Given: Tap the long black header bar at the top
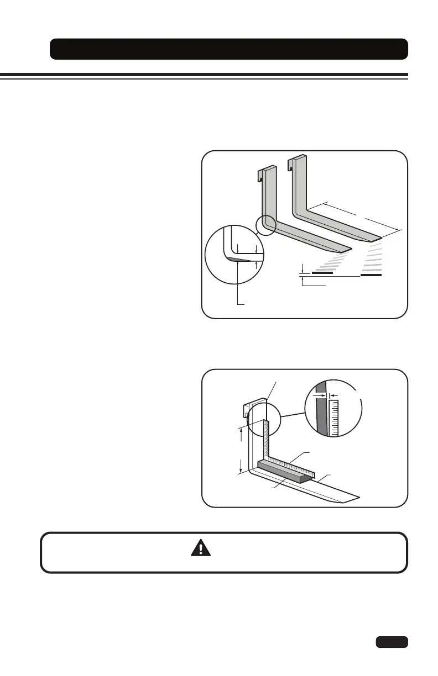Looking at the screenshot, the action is [229, 49].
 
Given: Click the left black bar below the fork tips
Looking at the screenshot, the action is [322, 272].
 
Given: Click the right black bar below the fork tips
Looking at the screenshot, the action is [371, 274].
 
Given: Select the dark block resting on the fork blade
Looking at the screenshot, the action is [282, 471].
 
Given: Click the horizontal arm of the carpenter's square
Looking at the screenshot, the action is [293, 463].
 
